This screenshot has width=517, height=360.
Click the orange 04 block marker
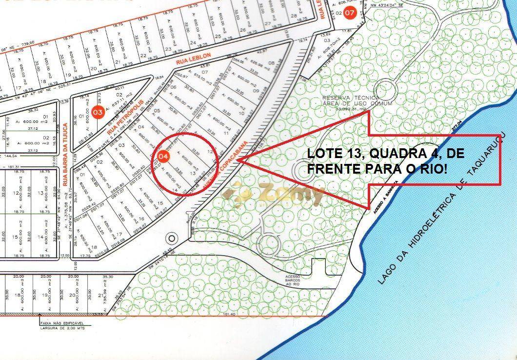point(165,157)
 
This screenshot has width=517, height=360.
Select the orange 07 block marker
point(350,13)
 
